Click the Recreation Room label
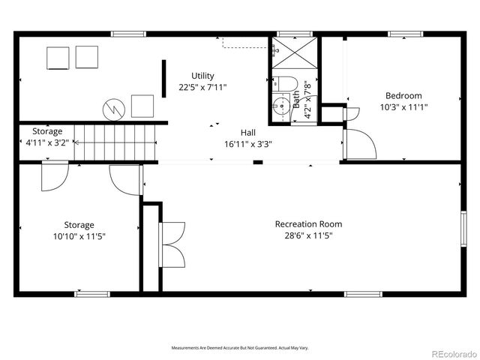coord(308,223)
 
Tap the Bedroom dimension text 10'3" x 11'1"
coord(403,106)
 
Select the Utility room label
coord(202,76)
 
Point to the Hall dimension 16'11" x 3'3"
coord(247,143)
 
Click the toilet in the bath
coord(285,83)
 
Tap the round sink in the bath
coord(281,106)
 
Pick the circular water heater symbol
coord(113,109)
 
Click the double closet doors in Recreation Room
coord(172,244)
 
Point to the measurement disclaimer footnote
coord(240,348)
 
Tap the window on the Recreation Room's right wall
coord(463,228)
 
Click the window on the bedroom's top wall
coord(403,34)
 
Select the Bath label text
coord(296,100)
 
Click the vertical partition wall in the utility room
coord(163,77)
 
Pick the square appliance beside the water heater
coord(142,106)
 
